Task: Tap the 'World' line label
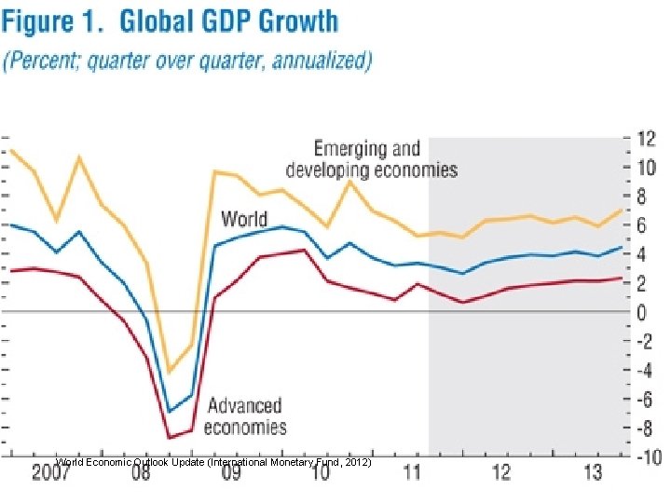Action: pos(244,219)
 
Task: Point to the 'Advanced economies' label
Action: pos(245,416)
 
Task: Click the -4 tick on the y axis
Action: pos(645,370)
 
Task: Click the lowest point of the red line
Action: pos(170,438)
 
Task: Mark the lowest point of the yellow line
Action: pos(170,372)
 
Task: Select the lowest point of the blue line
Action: pos(170,411)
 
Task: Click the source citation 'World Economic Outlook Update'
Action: pos(213,462)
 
